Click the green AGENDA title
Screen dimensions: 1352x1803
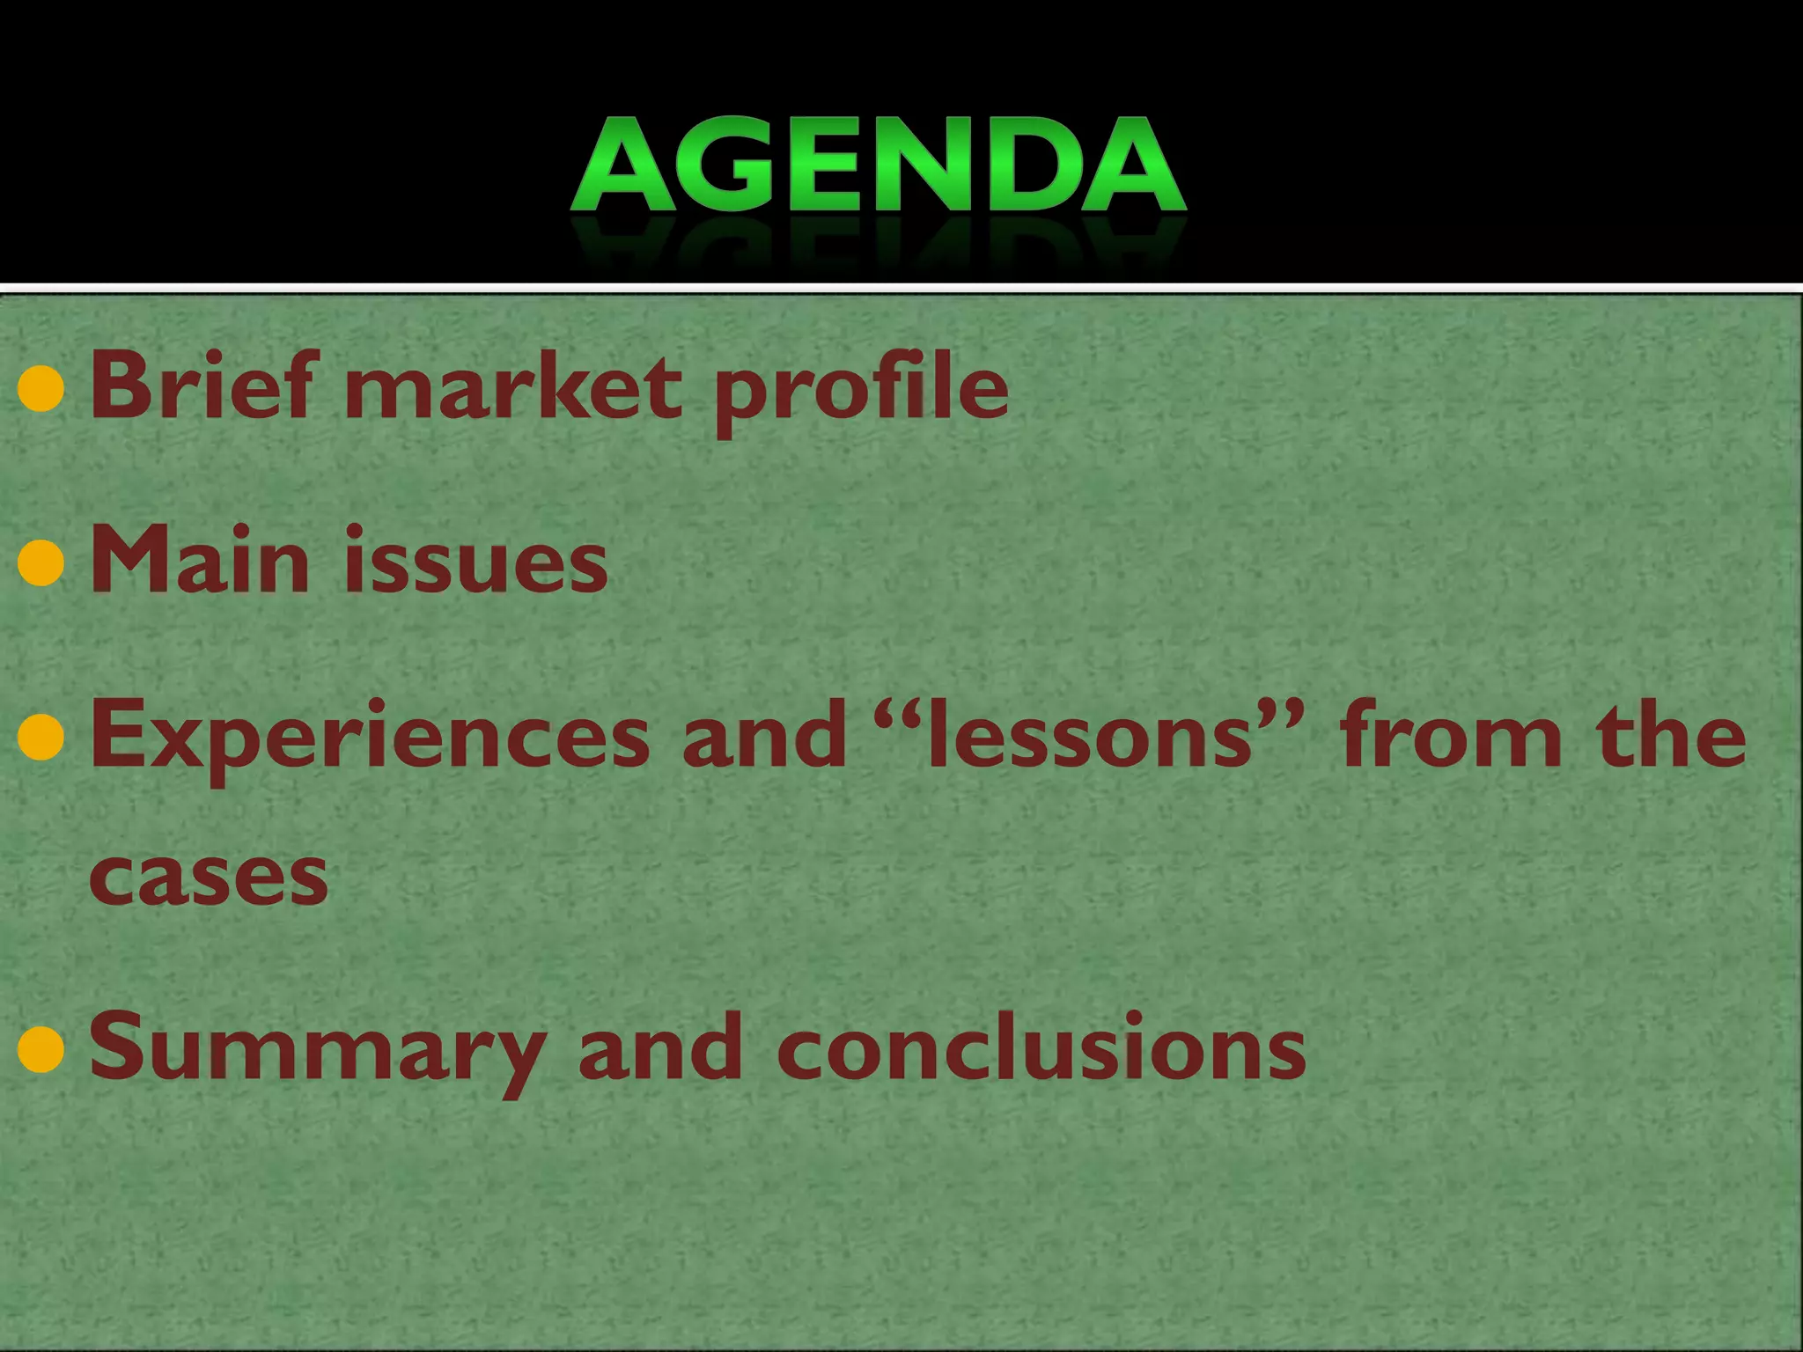[879, 165]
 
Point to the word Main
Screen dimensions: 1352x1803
[200, 560]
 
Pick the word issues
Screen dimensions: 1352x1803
[475, 562]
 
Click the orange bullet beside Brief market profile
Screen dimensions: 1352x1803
[41, 390]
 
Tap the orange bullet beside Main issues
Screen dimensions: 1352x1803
[41, 563]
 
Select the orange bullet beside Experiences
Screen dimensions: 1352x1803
[41, 738]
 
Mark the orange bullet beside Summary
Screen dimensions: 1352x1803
[41, 1050]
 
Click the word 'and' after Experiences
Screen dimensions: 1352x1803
[764, 735]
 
